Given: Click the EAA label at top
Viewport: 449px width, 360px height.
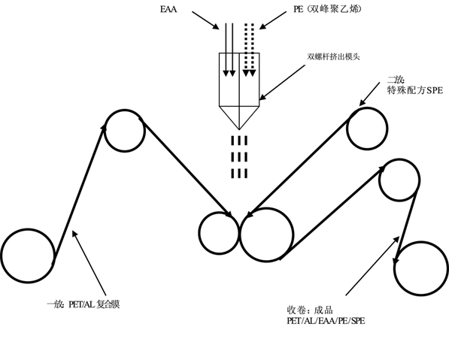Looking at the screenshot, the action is [168, 9].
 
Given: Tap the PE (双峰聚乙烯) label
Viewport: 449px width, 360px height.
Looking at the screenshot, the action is [327, 9].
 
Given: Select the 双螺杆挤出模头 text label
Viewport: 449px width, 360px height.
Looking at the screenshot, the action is [333, 56].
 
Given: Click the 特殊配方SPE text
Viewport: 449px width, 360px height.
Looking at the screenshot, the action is [415, 90].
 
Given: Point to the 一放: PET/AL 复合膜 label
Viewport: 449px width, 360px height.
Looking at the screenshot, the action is [83, 304].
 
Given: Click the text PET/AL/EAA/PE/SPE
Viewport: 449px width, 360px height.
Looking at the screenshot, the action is [326, 321].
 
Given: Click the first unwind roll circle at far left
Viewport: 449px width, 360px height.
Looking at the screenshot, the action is [28, 229].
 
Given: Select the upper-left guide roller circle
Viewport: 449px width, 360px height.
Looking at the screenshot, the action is [125, 110].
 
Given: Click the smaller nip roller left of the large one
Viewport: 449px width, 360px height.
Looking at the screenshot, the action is [219, 213].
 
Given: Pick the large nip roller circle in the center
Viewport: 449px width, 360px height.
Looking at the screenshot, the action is [267, 209].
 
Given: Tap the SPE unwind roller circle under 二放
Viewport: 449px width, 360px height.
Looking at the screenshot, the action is [367, 108].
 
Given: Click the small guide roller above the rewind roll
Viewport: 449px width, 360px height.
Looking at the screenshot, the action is [399, 159].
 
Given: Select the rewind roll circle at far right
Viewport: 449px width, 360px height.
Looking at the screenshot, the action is [422, 242].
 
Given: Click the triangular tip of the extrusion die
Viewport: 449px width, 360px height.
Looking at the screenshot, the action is [239, 129].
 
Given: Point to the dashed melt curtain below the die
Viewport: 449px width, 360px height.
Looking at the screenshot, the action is [239, 157].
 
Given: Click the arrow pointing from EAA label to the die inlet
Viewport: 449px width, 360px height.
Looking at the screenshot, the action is [205, 20].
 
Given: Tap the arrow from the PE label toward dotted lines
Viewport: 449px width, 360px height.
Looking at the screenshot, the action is [272, 20].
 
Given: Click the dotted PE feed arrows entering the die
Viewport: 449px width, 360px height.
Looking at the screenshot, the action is [249, 50].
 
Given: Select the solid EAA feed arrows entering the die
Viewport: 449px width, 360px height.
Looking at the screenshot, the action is [229, 50].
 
